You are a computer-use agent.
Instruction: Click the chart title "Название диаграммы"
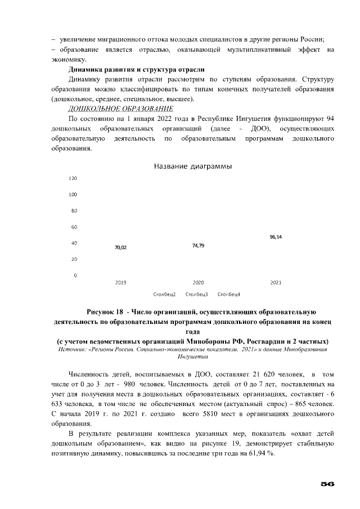click(x=193, y=166)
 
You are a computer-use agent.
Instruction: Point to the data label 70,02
click(x=120, y=247)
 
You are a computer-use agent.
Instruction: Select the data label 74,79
click(x=198, y=245)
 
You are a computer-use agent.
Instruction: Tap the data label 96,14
click(x=276, y=237)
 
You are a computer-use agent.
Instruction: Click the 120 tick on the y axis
click(x=72, y=179)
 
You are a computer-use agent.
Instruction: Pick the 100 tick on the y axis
click(x=72, y=195)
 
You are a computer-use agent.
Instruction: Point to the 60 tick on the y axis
click(x=73, y=227)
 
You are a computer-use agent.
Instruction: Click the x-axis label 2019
click(x=120, y=282)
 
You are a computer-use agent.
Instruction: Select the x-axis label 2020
click(x=198, y=282)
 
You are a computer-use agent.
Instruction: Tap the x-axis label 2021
click(x=276, y=282)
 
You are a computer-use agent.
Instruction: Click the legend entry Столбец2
click(x=164, y=294)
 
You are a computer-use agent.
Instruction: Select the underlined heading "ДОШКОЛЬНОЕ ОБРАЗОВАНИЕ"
click(x=120, y=108)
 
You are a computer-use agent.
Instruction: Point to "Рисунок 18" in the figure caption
click(x=105, y=312)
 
